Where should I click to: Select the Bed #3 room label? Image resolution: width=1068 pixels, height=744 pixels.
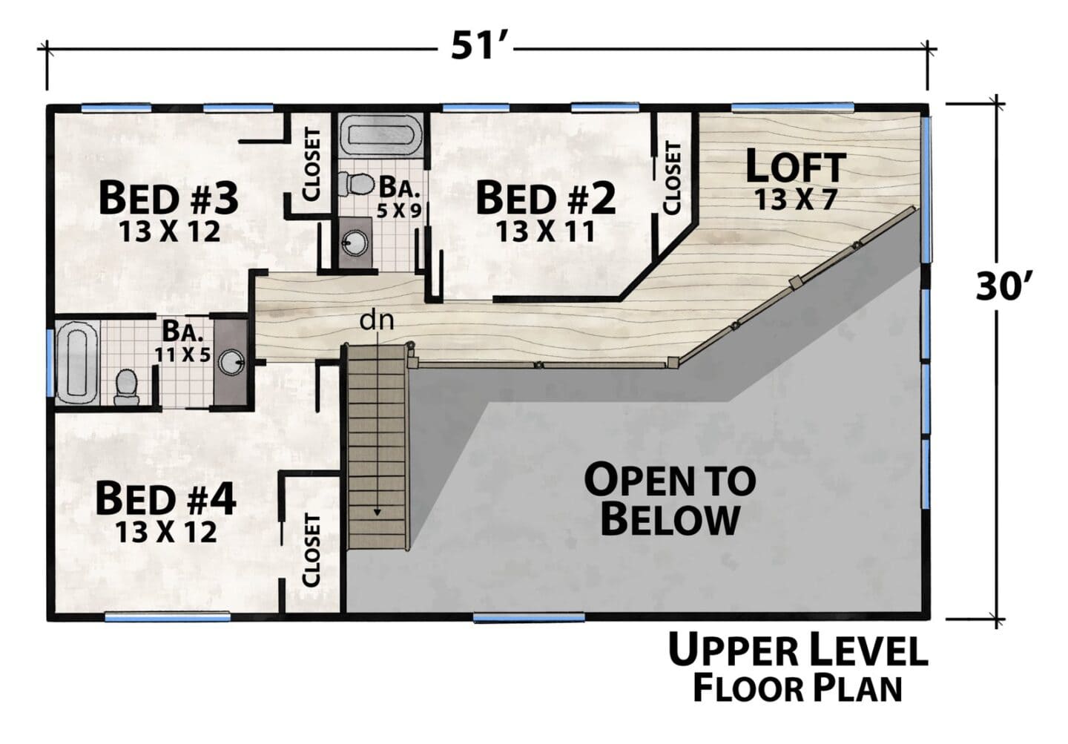(x=168, y=198)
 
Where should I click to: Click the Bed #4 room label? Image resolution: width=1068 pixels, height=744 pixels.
(x=165, y=499)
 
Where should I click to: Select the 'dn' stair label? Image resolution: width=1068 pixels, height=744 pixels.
(x=377, y=320)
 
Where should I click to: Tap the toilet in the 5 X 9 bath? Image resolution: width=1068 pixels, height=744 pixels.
(x=356, y=184)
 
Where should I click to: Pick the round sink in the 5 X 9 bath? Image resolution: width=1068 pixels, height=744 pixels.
(x=355, y=243)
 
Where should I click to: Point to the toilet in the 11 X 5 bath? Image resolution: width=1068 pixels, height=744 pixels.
(x=126, y=387)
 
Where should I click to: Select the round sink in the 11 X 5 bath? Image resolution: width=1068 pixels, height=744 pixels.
(x=231, y=361)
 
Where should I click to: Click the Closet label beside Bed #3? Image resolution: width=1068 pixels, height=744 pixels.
(x=311, y=165)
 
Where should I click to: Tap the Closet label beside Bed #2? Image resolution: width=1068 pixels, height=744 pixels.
(x=672, y=178)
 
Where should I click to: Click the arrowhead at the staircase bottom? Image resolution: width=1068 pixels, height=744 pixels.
(x=377, y=513)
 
